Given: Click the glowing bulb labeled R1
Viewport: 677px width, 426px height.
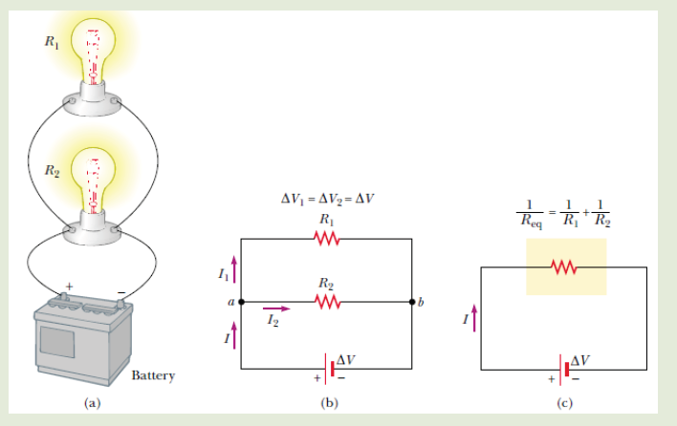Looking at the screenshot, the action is click(94, 51).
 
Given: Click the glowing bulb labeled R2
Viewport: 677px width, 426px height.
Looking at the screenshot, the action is click(94, 181).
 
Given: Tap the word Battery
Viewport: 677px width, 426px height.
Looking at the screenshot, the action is click(153, 375).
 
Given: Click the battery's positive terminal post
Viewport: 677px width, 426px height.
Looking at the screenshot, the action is click(64, 296).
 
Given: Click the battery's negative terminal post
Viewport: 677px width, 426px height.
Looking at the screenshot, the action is click(120, 304).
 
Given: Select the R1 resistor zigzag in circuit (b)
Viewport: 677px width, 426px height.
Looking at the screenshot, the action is click(327, 239).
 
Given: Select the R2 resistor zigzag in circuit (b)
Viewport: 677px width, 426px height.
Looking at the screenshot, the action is click(328, 302).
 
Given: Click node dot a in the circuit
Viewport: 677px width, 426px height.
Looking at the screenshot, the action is click(241, 302).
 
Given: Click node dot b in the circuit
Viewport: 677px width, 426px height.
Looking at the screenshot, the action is click(412, 302).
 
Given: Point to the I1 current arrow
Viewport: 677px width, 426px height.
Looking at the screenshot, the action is click(234, 269).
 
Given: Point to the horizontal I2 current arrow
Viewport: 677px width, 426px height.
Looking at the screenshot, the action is click(276, 309).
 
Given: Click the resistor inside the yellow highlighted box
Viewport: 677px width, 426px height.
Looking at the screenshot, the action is click(564, 267).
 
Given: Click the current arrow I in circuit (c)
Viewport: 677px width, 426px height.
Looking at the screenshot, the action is click(474, 318).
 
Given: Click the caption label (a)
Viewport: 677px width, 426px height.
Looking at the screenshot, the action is click(93, 403).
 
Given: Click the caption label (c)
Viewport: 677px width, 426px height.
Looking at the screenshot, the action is click(565, 403).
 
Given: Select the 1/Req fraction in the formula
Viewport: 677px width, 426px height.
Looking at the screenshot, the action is click(530, 213).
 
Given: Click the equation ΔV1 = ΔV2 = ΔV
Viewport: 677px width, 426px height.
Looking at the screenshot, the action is click(327, 200).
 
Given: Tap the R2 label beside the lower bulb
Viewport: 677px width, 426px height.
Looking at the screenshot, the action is click(53, 171).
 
